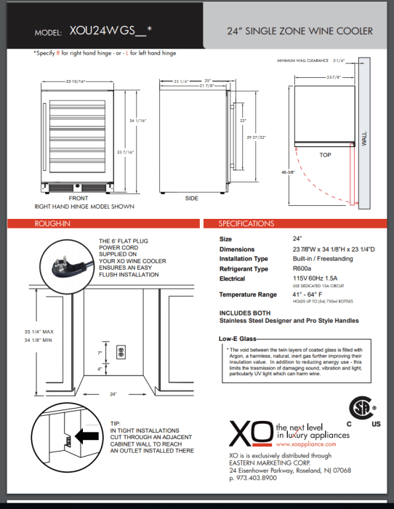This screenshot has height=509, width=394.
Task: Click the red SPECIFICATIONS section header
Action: click(x=246, y=223)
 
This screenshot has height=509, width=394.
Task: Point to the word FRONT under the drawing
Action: click(x=78, y=198)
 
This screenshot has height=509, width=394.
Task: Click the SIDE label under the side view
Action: click(x=192, y=198)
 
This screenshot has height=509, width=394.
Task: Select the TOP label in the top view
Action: click(x=325, y=155)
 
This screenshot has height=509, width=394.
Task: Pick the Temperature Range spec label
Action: click(x=248, y=294)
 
